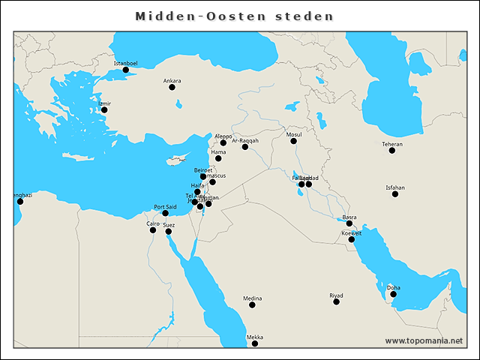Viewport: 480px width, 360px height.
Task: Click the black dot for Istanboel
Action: (126, 70)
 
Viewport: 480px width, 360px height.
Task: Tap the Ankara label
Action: (172, 80)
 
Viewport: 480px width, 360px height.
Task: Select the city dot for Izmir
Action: (104, 110)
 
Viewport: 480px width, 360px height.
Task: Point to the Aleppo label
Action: (223, 136)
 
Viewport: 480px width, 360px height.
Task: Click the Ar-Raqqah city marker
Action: (244, 147)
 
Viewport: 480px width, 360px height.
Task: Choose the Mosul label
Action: (293, 134)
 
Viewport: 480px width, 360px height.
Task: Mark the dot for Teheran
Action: (392, 151)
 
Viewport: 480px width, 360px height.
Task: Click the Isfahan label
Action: (395, 187)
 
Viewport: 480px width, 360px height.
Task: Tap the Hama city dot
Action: (218, 158)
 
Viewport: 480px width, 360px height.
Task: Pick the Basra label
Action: (349, 217)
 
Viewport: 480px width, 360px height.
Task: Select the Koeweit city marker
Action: (351, 239)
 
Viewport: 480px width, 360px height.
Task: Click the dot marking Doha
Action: (394, 294)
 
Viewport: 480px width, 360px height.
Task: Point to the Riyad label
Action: (336, 295)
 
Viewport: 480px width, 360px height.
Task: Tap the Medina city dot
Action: (253, 305)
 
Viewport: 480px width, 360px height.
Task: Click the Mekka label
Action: (255, 337)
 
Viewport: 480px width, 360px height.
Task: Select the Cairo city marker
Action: (153, 229)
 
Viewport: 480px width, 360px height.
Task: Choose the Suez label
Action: (169, 225)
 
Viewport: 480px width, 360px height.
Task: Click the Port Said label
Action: (165, 206)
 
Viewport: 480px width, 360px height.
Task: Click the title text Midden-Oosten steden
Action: (234, 16)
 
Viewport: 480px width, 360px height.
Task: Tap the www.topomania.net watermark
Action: (424, 340)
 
